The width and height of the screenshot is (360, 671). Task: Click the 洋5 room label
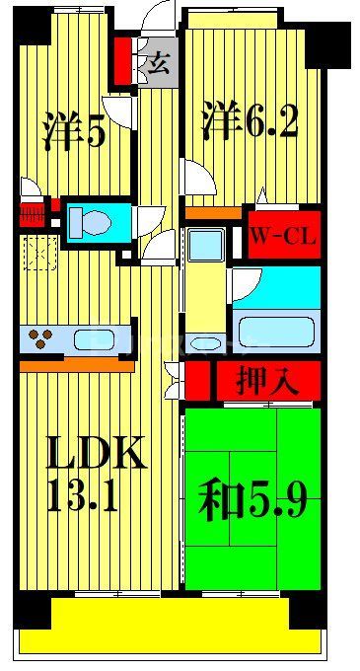[73, 131]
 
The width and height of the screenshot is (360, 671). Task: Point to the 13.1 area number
[83, 494]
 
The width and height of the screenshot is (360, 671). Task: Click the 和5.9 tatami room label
[253, 502]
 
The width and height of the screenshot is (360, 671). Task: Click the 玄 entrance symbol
[158, 66]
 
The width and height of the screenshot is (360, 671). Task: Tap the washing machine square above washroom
[206, 243]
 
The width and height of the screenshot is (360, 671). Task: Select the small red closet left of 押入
[198, 380]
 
